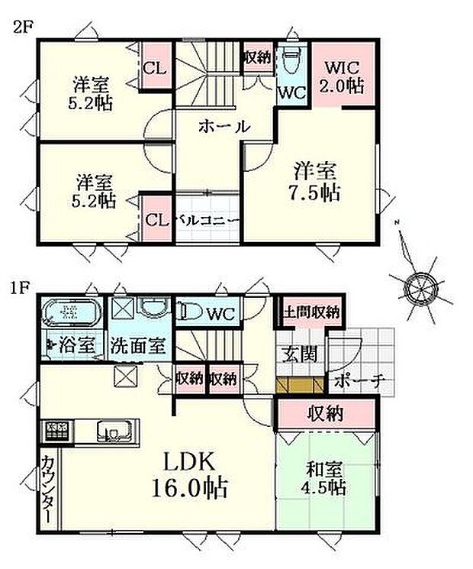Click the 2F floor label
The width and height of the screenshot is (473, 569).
click(20, 28)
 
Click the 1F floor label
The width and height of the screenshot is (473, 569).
click(20, 288)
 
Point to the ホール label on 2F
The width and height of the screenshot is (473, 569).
click(224, 127)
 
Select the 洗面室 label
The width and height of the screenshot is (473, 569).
click(137, 344)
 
